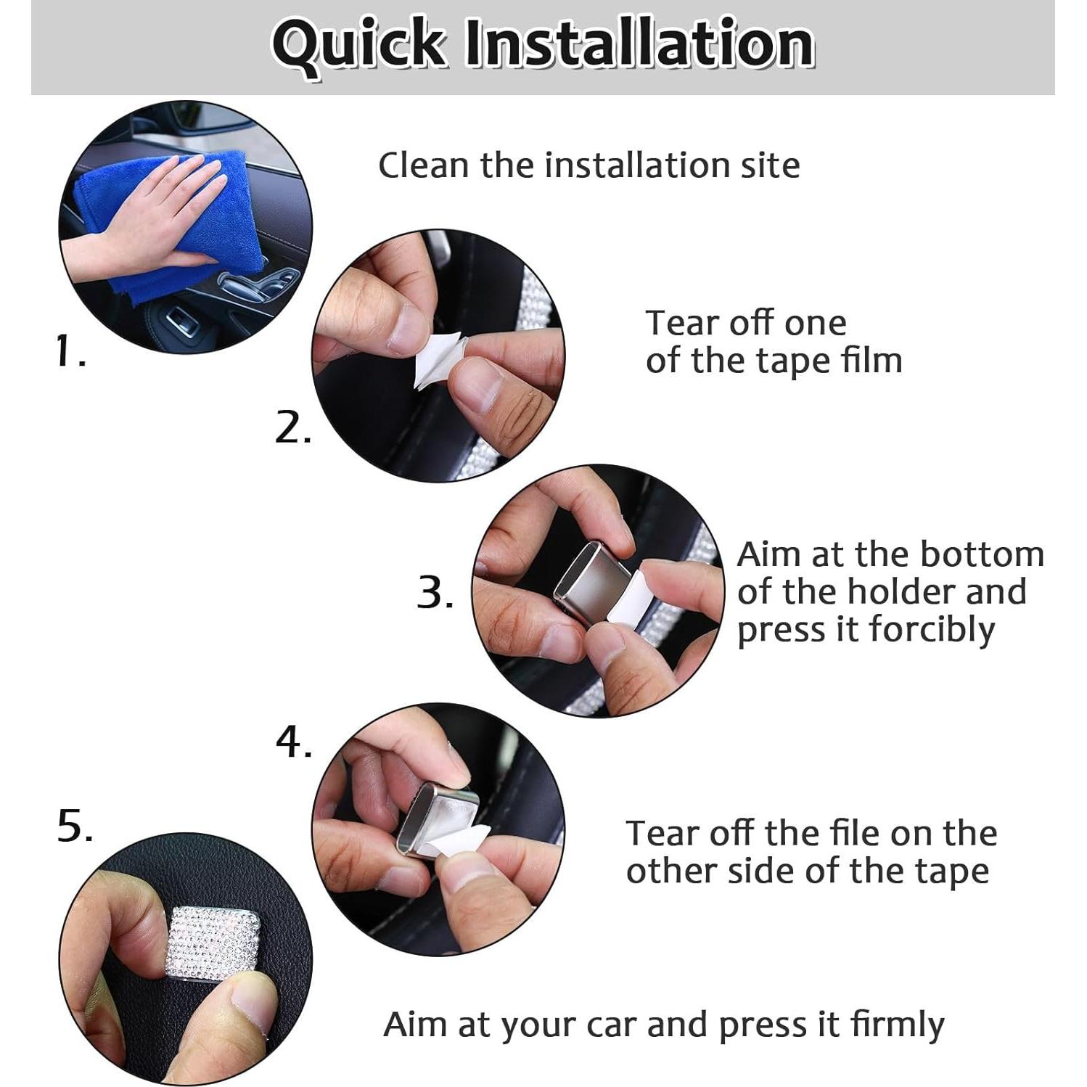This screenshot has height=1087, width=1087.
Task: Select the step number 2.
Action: [293, 427]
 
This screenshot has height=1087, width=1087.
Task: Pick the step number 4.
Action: [294, 742]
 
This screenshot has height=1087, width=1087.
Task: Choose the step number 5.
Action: [75, 826]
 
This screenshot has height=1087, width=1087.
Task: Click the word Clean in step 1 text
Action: [423, 165]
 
